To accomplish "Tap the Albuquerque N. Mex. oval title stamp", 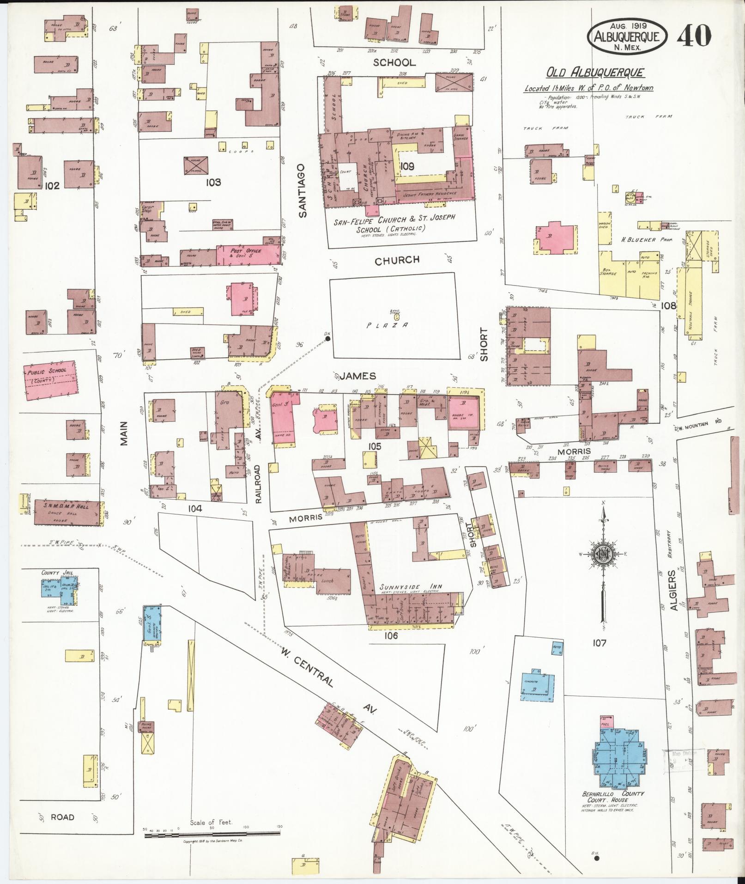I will point(627,34).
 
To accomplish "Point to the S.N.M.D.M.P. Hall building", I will point(67,512).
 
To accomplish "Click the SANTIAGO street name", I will point(302,190).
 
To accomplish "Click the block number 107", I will point(600,643).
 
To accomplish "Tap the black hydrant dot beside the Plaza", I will point(327,339).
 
